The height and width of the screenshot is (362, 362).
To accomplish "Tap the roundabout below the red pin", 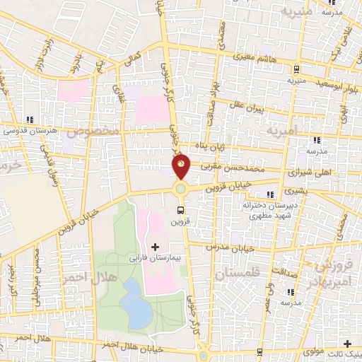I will [182, 189].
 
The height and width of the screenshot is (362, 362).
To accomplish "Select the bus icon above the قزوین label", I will [181, 210].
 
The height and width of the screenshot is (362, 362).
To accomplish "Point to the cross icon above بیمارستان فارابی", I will [155, 247].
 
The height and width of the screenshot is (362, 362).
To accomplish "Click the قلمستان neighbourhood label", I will [236, 272].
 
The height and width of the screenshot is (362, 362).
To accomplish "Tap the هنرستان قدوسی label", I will [28, 130].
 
